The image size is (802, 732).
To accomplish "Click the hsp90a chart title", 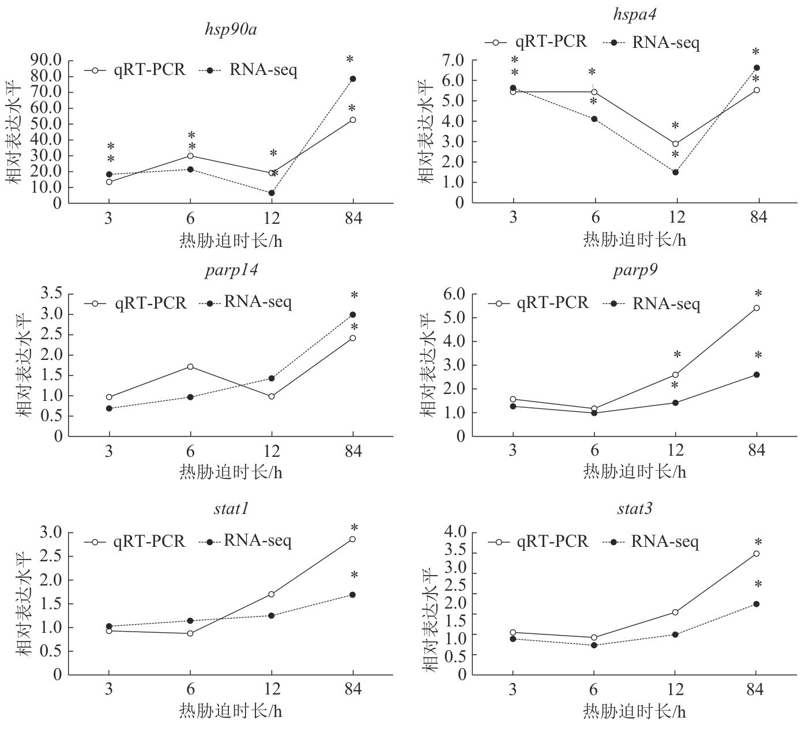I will coord(231,29).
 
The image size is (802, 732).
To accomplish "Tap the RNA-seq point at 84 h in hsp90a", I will coord(353,79).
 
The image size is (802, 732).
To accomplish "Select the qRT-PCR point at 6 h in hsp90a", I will coord(190,156).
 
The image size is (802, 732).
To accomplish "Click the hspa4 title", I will coord(634,14).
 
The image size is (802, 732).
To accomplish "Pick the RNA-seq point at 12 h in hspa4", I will coord(675,172).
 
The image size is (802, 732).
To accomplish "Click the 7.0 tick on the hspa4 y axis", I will coord(452,61).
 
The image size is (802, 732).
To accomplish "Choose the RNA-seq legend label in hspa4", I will coord(666,42).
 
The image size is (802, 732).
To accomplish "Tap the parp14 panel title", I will coord(231,271).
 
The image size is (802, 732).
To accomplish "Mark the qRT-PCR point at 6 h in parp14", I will coord(190,367).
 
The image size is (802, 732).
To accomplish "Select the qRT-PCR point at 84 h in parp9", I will coord(756,308).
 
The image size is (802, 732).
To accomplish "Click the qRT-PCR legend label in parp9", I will coord(552,302).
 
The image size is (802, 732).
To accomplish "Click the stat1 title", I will coord(231,509).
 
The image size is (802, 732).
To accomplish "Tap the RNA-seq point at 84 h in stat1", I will coord(353,595).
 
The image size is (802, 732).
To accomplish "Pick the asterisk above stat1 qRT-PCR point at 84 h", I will coord(354,528).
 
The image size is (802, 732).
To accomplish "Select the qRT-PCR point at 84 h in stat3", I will coord(756,554).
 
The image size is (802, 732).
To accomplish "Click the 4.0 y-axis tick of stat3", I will coord(452,532).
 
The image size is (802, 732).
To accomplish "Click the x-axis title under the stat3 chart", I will coord(634,711).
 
